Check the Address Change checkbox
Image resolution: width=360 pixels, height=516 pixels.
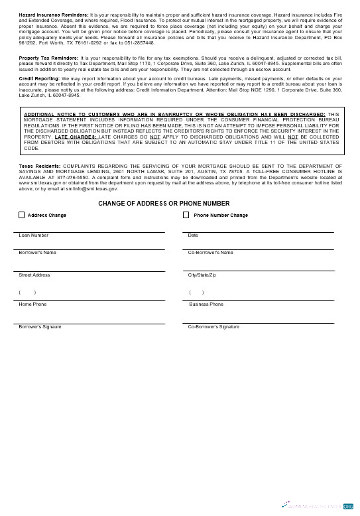(x=22, y=215)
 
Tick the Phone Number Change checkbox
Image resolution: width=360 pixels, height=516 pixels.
(x=186, y=215)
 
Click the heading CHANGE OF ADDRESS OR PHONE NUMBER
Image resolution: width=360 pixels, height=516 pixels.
(x=164, y=203)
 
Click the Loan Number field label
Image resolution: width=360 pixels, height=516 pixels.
(x=33, y=235)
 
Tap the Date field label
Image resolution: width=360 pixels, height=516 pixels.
(x=193, y=235)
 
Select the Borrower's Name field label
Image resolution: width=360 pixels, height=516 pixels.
(x=37, y=253)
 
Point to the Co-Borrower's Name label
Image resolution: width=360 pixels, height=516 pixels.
(x=210, y=253)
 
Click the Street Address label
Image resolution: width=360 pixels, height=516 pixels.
(x=34, y=275)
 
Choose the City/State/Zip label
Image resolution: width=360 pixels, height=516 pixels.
(x=202, y=275)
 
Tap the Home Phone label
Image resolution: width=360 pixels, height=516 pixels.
(x=32, y=304)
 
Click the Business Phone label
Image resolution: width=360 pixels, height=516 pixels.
(x=206, y=304)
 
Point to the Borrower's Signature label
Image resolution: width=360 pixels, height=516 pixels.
(x=40, y=326)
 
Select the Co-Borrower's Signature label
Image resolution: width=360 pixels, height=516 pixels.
(x=213, y=326)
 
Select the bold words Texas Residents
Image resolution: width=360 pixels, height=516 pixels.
(x=39, y=165)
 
